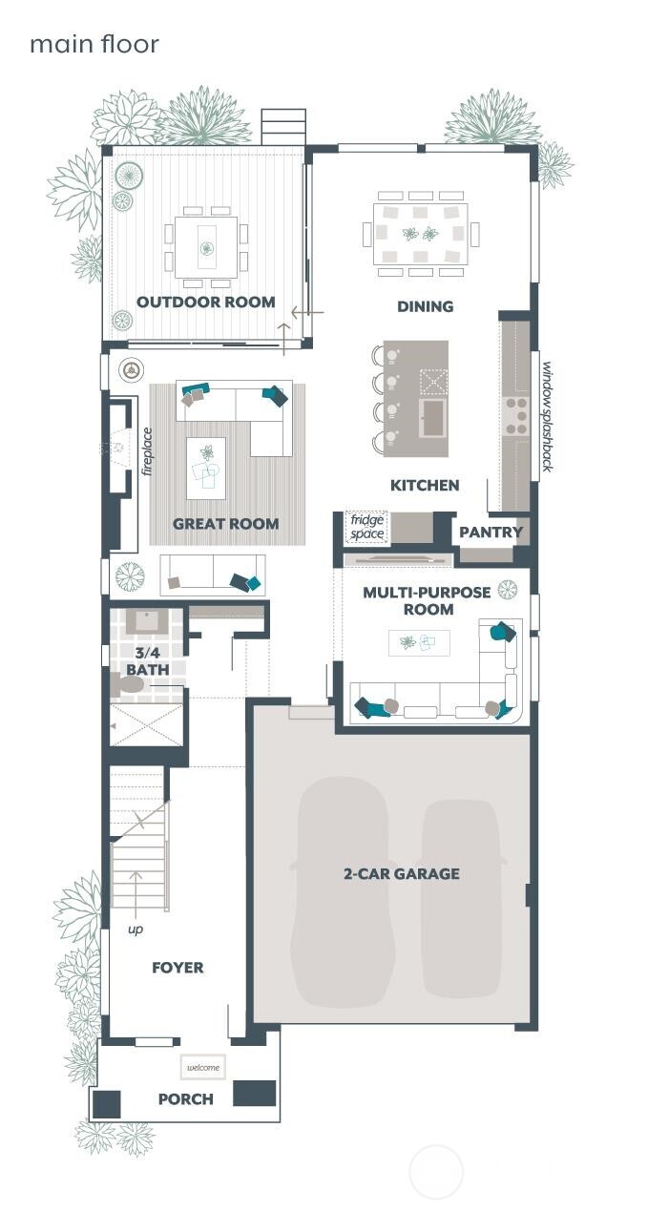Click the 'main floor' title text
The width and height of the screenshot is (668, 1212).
(x=94, y=44)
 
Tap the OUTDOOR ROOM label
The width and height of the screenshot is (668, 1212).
(x=205, y=303)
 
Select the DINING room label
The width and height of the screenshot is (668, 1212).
(x=425, y=306)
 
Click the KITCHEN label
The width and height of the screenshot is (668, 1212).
(x=425, y=485)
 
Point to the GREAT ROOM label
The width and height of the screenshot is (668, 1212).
(x=225, y=523)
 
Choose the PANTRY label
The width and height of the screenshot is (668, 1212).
(x=491, y=532)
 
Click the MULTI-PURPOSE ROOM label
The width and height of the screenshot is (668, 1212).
(x=427, y=600)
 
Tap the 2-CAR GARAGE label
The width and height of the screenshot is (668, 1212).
(x=402, y=873)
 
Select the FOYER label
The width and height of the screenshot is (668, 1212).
(x=177, y=968)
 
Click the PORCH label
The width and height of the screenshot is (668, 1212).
(x=185, y=1098)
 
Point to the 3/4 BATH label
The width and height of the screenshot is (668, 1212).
(x=148, y=661)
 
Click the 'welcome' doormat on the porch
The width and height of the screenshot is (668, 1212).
(x=202, y=1067)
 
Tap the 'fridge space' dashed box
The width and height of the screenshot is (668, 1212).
(x=366, y=527)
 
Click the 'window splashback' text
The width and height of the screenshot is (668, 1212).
(x=547, y=416)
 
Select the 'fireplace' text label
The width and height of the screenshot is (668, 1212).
(x=147, y=450)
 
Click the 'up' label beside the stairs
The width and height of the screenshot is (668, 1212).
(x=136, y=929)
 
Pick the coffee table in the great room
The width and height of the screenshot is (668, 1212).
(x=205, y=468)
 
